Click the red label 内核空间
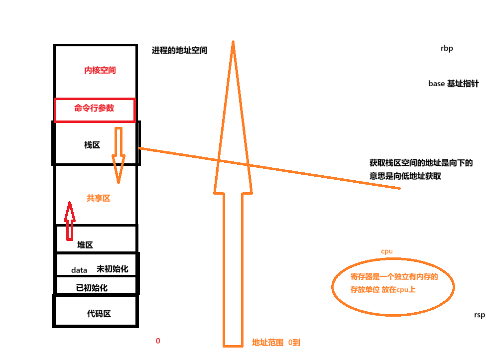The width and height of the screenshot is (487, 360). click(100, 70)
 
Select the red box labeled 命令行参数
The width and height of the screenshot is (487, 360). click(94, 109)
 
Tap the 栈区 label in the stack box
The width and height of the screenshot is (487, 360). click(92, 145)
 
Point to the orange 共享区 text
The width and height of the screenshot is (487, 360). click(98, 198)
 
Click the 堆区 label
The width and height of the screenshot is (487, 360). click(85, 245)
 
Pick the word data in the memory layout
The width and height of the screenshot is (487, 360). click(79, 270)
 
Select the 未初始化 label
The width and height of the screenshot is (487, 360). click(113, 269)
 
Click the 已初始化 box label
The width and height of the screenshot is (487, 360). click(92, 288)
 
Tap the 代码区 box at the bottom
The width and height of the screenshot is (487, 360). click(99, 314)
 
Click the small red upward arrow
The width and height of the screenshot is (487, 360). click(70, 219)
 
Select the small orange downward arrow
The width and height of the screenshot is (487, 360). click(119, 154)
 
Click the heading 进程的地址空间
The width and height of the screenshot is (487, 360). click(179, 50)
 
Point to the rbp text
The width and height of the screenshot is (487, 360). click(447, 49)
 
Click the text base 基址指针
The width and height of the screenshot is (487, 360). click(453, 84)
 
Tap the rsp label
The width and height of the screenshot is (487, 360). click(480, 315)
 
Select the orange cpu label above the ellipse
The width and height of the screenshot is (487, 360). click(386, 251)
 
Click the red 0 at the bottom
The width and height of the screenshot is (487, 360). click(158, 341)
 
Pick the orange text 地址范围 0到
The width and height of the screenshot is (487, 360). click(276, 343)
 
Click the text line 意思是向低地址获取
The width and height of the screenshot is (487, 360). click(406, 176)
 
